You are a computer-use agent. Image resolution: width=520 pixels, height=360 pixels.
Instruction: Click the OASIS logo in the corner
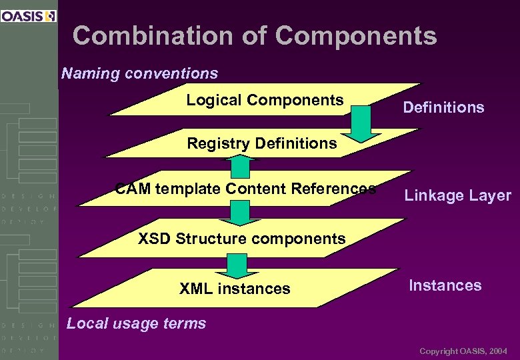pos(28,16)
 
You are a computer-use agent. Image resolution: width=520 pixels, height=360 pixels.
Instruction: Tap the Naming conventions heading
pos(139,73)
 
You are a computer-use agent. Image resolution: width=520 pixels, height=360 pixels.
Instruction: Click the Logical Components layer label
pos(265,100)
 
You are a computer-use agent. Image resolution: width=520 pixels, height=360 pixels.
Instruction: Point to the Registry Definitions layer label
pos(262,143)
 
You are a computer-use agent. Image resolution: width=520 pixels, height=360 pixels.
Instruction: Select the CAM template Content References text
pos(245,189)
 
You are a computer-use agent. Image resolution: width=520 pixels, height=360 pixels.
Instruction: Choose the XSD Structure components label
pos(241,238)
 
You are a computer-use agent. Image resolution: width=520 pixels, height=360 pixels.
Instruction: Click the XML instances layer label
pos(235,289)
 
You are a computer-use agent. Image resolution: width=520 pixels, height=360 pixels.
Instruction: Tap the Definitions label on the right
pos(443,107)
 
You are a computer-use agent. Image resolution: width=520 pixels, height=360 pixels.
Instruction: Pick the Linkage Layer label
pos(457,195)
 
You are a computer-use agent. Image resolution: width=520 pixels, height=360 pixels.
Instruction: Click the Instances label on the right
pos(445,285)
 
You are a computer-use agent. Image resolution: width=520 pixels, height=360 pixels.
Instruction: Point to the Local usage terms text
pos(137,323)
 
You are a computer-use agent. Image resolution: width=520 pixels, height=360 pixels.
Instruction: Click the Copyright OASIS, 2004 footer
pos(463,351)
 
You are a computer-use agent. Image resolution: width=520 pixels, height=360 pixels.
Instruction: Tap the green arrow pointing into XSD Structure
pos(238,213)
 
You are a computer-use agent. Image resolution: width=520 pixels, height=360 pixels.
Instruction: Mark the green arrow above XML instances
pos(231,265)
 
